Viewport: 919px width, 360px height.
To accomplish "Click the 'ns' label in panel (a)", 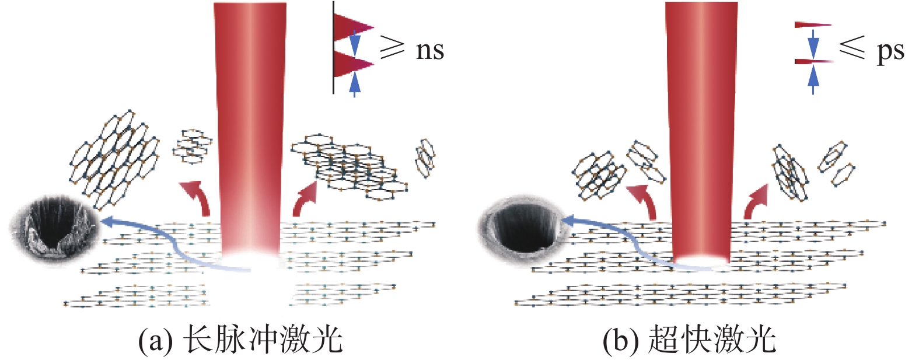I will [x=429, y=50].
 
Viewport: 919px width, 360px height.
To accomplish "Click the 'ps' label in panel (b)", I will [x=890, y=51].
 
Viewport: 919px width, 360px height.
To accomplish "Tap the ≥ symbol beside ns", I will [x=392, y=46].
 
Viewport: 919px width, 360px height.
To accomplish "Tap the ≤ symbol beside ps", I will [x=852, y=47].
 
